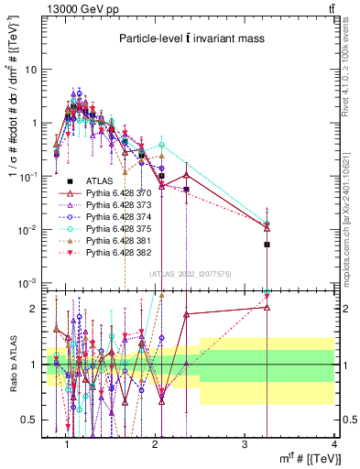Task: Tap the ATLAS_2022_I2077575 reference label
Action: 191,274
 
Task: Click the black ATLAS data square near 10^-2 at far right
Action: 267,245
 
